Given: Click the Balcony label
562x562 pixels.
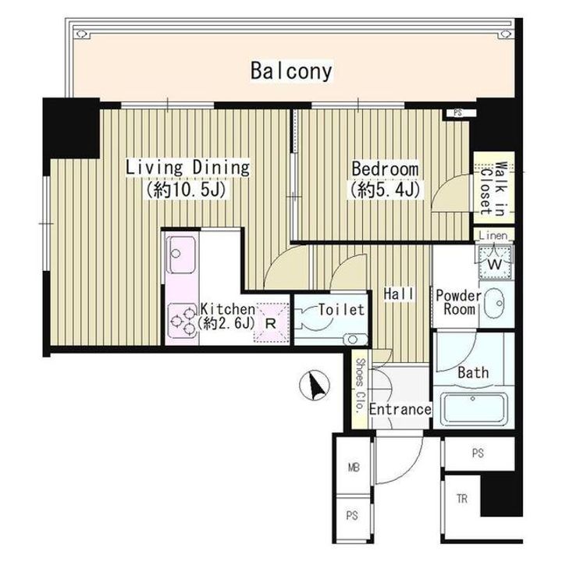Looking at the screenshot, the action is [291, 71].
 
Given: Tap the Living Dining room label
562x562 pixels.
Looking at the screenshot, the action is [187, 168].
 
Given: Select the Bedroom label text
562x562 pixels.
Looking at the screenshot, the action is [385, 169].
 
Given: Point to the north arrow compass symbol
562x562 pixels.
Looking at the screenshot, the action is [315, 386].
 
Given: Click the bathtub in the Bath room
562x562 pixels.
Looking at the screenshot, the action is [474, 408].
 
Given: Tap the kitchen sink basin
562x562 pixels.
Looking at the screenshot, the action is [182, 254].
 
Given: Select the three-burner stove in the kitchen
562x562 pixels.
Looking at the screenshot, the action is [183, 320].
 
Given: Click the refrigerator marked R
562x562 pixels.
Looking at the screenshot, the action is [271, 324].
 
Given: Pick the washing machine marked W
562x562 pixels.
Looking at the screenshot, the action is [495, 264].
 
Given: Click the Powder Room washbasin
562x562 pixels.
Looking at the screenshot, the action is [494, 303].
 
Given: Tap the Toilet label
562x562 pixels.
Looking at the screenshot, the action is [341, 310].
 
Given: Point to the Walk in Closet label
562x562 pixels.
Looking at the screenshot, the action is [493, 188].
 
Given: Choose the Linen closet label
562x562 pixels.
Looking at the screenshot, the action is [493, 236].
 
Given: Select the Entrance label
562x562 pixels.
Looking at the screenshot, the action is [400, 409].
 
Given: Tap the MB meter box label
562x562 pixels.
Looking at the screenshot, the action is [354, 468].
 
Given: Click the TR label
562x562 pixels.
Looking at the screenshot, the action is [462, 499].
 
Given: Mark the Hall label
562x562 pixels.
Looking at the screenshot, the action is [399, 294].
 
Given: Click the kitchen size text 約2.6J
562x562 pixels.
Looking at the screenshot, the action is [226, 324].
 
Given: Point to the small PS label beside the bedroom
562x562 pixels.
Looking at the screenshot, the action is [457, 113].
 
